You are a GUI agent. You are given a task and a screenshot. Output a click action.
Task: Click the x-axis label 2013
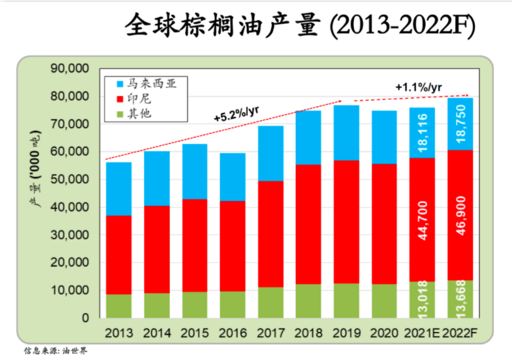point(119,333)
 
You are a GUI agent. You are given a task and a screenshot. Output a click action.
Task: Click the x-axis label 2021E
point(422,333)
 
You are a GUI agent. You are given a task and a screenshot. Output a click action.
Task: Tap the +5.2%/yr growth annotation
point(237,114)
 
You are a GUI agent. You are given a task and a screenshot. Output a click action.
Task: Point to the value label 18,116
point(422,133)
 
